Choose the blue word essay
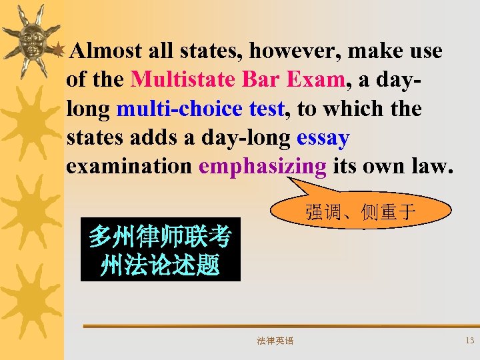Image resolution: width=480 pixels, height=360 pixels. (323, 137)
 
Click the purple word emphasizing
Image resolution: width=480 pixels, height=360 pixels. (263, 167)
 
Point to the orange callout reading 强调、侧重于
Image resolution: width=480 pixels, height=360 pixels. (361, 212)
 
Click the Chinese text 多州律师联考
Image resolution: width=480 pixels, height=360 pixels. (160, 237)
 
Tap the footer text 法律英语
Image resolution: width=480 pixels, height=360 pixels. (275, 341)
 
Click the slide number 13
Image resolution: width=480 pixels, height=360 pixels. (469, 341)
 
